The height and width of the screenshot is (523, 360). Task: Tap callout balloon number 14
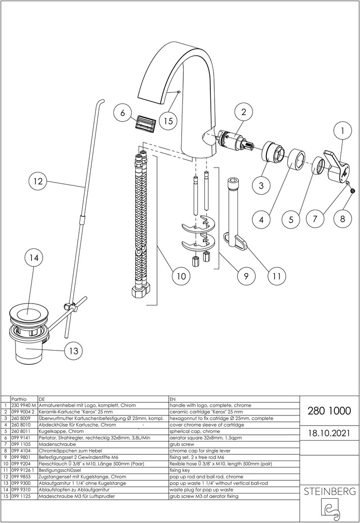(x=33, y=259)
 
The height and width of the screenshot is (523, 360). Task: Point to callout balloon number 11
(x=277, y=277)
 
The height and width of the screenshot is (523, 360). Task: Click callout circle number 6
(x=123, y=113)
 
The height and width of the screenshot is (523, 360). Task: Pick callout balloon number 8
(x=342, y=219)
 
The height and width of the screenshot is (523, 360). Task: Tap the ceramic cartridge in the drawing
(x=233, y=139)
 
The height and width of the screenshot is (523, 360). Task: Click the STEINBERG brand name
(x=329, y=492)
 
